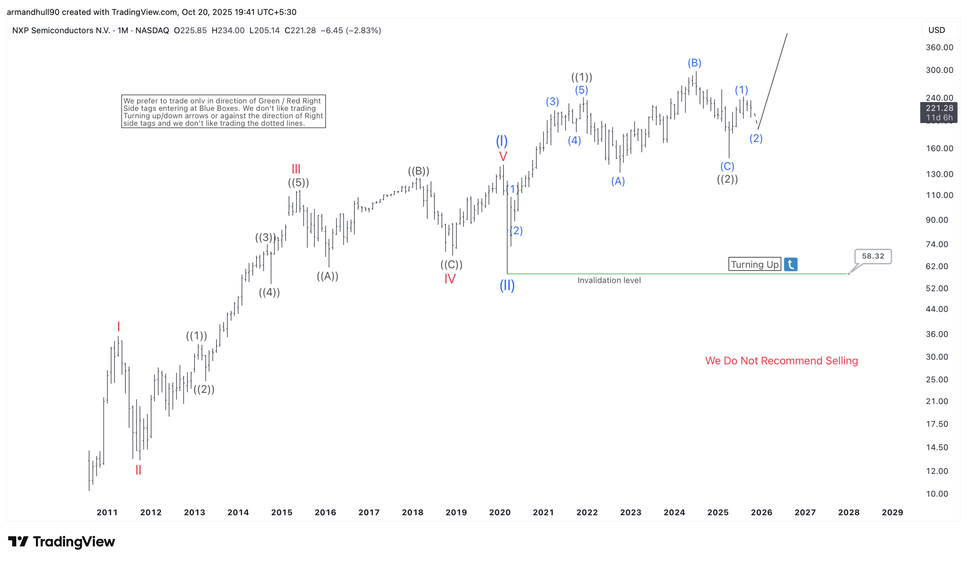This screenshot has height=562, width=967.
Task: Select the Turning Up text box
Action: click(x=754, y=264)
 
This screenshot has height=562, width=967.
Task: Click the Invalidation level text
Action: click(x=609, y=280)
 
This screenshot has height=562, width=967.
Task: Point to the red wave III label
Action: click(x=296, y=169)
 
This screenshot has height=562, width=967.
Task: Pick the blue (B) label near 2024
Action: click(x=694, y=63)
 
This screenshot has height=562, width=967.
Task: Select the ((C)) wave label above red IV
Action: click(x=451, y=264)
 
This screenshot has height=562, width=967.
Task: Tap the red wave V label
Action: click(x=503, y=156)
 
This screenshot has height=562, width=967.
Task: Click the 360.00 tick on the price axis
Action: click(x=939, y=47)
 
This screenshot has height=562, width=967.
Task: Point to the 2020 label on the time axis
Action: click(x=500, y=512)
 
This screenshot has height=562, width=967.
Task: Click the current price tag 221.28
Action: click(x=939, y=108)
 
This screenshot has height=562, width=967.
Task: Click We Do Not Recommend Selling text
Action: click(x=781, y=361)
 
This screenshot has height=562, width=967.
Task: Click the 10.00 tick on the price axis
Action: click(x=937, y=494)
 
